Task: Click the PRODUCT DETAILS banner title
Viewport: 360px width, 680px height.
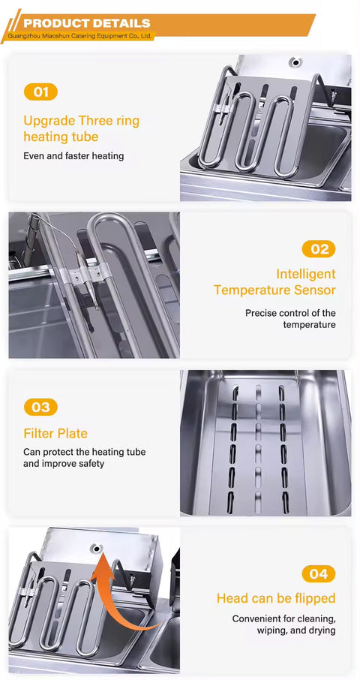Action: [x=86, y=23]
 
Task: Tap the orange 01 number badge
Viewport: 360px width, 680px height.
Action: [x=40, y=92]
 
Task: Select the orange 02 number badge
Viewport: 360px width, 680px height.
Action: [x=318, y=249]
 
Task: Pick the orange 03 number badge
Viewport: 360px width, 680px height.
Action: [x=40, y=407]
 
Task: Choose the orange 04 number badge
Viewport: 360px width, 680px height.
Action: [x=318, y=574]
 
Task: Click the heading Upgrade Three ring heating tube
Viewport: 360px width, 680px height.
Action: [x=81, y=128]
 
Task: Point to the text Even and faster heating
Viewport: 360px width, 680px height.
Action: [x=73, y=156]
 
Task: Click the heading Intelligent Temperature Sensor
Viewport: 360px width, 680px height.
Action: [x=274, y=282]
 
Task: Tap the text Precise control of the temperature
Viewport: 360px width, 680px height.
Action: [x=290, y=319]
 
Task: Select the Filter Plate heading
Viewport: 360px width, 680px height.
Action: [x=55, y=434]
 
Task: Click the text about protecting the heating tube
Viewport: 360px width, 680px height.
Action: [x=84, y=458]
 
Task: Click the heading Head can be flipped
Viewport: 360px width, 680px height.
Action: [x=276, y=598]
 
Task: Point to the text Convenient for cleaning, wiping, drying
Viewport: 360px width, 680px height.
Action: [x=283, y=625]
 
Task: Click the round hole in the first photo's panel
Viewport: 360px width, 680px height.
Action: [x=295, y=62]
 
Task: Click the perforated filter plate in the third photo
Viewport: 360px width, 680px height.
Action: [x=259, y=443]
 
